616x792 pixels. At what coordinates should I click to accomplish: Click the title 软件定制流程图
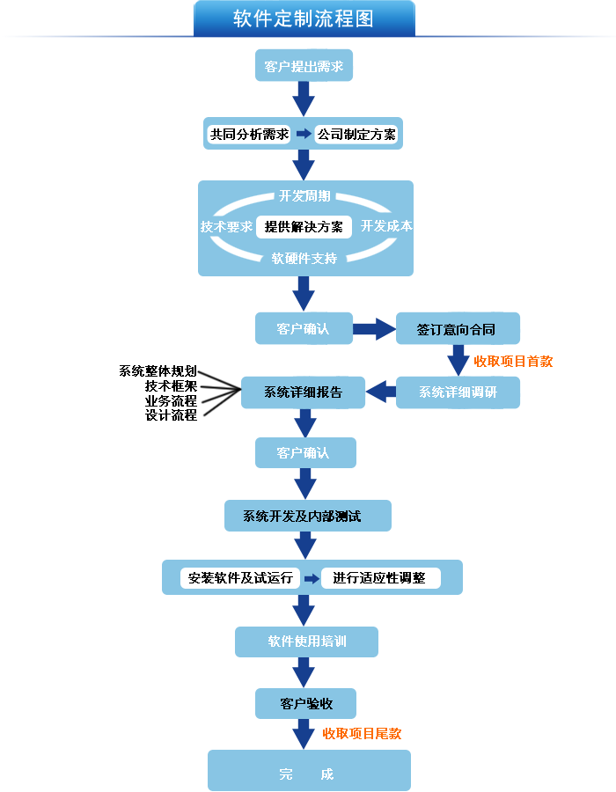pos(304,18)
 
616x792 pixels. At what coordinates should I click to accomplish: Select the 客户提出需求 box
pos(304,66)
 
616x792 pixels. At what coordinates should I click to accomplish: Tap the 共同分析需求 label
pos(249,135)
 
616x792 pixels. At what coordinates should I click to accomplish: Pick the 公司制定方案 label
pos(356,135)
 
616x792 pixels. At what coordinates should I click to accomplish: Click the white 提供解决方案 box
pos(304,227)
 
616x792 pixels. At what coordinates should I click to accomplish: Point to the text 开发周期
pos(304,195)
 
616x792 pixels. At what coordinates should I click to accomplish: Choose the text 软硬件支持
pos(304,259)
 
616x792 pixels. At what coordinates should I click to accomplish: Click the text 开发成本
pos(387,226)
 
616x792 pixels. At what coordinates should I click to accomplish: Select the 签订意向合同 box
pos(458,329)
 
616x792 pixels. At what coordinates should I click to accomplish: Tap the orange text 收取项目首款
pos(514,361)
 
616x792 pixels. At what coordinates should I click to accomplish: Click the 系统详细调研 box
pos(458,392)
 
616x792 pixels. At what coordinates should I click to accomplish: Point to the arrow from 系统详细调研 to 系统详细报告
pos(380,392)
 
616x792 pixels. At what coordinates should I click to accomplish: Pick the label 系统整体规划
pos(158,370)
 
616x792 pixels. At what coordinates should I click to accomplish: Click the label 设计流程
pos(171,415)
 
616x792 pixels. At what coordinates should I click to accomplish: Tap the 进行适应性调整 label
pos(379,578)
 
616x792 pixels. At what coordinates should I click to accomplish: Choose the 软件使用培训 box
pos(306,642)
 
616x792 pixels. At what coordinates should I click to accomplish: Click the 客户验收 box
pos(305,703)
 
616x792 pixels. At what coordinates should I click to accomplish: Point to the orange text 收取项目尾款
pos(362,733)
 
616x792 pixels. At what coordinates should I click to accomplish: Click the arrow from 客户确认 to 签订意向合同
pos(375,329)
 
